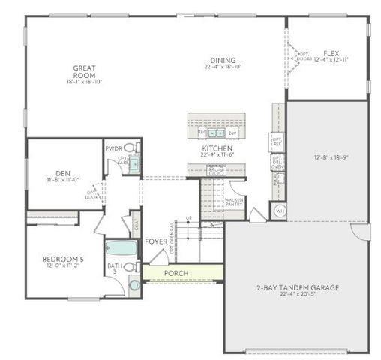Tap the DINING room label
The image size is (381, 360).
(223, 61)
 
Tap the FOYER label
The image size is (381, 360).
(156, 241)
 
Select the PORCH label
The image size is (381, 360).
(176, 273)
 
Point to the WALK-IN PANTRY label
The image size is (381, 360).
(234, 201)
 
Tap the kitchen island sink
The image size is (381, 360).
(215, 133)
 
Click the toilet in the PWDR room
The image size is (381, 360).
(130, 148)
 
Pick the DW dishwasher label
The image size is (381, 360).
(231, 133)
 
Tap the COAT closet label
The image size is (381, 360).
(136, 222)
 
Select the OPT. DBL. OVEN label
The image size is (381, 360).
(276, 162)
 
